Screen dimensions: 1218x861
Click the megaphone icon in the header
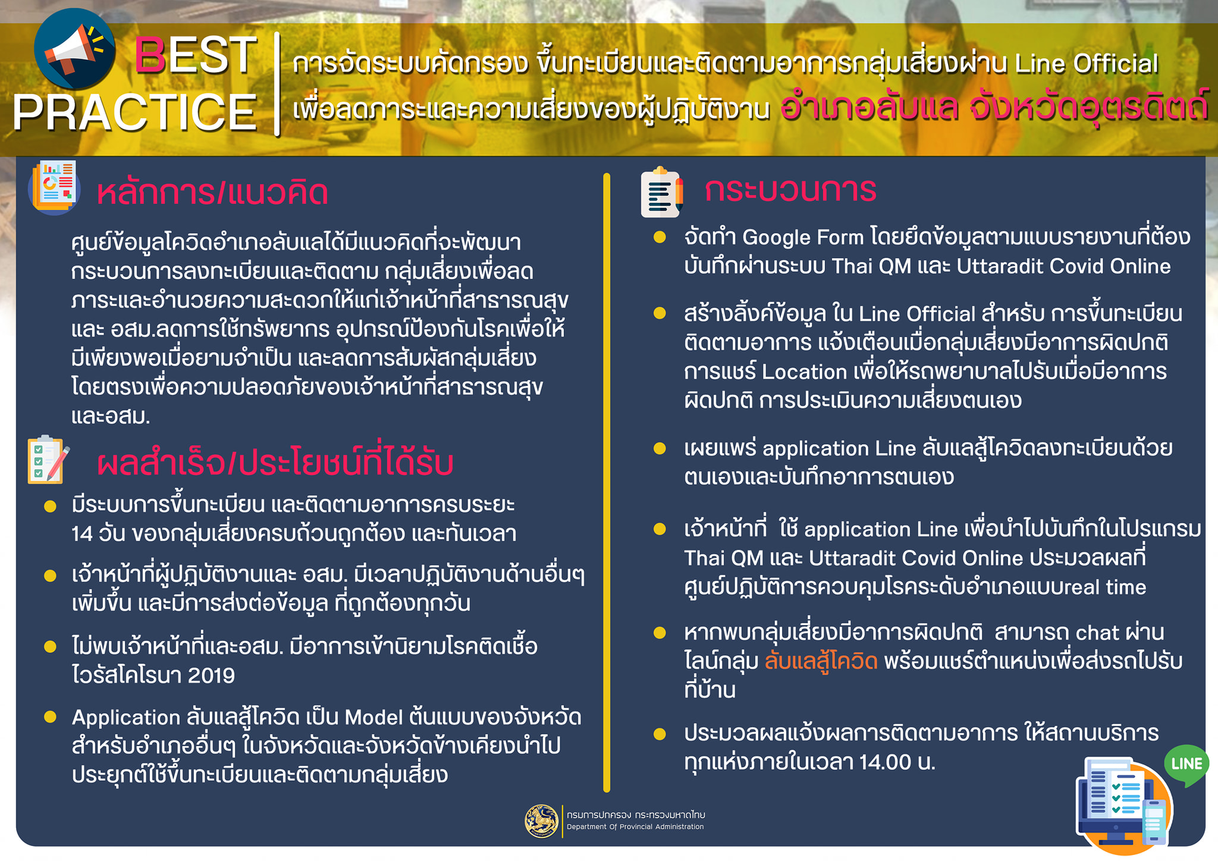point(74,50)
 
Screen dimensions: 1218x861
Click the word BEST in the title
point(196,56)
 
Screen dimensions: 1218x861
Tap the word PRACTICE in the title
point(134,112)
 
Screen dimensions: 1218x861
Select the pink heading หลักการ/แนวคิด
point(212,193)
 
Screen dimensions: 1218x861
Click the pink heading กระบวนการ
point(790,190)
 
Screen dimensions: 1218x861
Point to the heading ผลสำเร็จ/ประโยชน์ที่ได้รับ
point(275,462)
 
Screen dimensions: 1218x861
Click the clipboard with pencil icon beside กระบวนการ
point(662,192)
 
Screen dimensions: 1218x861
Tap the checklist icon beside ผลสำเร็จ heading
point(48,460)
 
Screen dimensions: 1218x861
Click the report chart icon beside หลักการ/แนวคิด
point(54,187)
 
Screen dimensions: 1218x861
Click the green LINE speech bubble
point(1186,765)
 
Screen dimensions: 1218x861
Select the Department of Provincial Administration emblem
point(541,821)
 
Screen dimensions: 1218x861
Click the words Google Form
point(803,237)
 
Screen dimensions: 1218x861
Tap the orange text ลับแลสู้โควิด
point(821,661)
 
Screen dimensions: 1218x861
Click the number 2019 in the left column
point(211,675)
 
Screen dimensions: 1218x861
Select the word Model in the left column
point(373,717)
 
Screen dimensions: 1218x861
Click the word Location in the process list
point(804,372)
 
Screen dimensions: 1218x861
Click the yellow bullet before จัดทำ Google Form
point(660,237)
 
